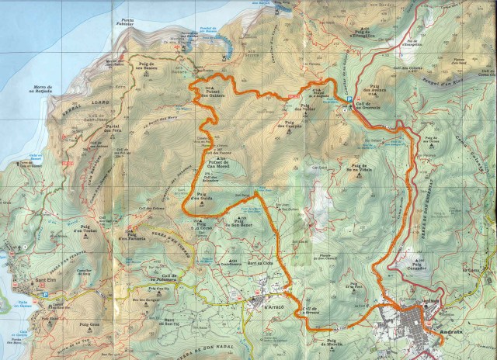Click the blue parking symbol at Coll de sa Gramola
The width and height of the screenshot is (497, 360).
pos(345,110)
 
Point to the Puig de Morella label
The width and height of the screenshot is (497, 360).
pos(342,341)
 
